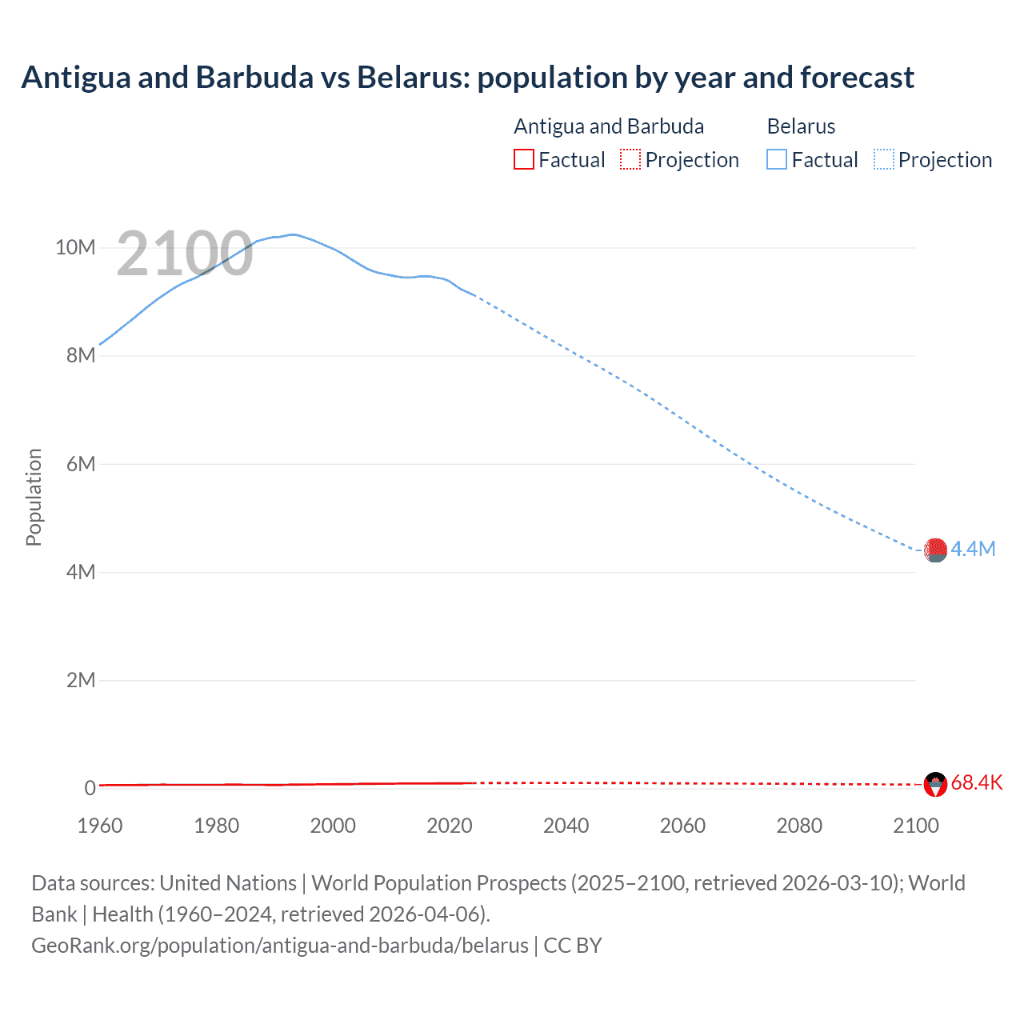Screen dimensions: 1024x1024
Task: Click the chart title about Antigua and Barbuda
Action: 467,78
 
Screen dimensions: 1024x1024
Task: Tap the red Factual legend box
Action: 523,159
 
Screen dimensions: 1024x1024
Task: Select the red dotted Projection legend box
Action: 630,159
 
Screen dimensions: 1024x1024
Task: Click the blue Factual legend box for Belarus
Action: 777,159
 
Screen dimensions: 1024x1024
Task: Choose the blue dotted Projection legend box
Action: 883,159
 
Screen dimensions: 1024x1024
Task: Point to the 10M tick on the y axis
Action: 75,247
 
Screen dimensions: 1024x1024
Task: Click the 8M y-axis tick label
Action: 81,355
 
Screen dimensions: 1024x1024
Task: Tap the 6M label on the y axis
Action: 81,464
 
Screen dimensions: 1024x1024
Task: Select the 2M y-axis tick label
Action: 81,680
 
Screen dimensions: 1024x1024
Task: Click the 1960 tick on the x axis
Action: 100,826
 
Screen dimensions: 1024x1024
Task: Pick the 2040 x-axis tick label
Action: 566,826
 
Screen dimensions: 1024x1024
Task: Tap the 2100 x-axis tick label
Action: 915,826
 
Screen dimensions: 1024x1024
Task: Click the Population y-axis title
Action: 34,497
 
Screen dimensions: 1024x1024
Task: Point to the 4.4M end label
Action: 973,549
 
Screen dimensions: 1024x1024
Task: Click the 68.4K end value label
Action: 976,782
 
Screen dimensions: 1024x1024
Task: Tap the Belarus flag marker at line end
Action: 935,550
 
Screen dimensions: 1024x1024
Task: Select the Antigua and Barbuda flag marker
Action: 935,784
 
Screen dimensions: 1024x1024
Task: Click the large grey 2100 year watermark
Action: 185,254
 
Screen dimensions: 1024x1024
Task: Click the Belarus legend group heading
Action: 801,126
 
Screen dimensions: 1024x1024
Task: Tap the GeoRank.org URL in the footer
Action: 280,946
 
